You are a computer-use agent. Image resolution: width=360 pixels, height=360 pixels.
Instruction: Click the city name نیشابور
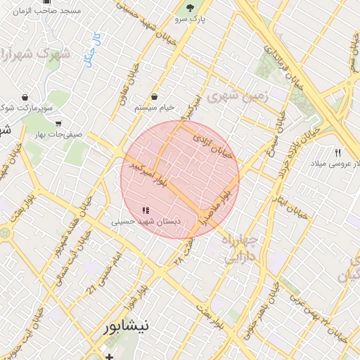[x=127, y=326]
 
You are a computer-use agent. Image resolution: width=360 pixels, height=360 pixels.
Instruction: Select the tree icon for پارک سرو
[x=189, y=8]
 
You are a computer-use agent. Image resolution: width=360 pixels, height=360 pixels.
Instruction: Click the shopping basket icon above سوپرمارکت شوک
[x=25, y=97]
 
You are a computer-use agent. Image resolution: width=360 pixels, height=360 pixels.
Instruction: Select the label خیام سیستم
[x=154, y=108]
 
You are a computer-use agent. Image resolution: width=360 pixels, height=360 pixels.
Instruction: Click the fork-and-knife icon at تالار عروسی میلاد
[x=338, y=153]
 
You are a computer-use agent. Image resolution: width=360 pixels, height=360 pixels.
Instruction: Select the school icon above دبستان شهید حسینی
[x=146, y=210]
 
